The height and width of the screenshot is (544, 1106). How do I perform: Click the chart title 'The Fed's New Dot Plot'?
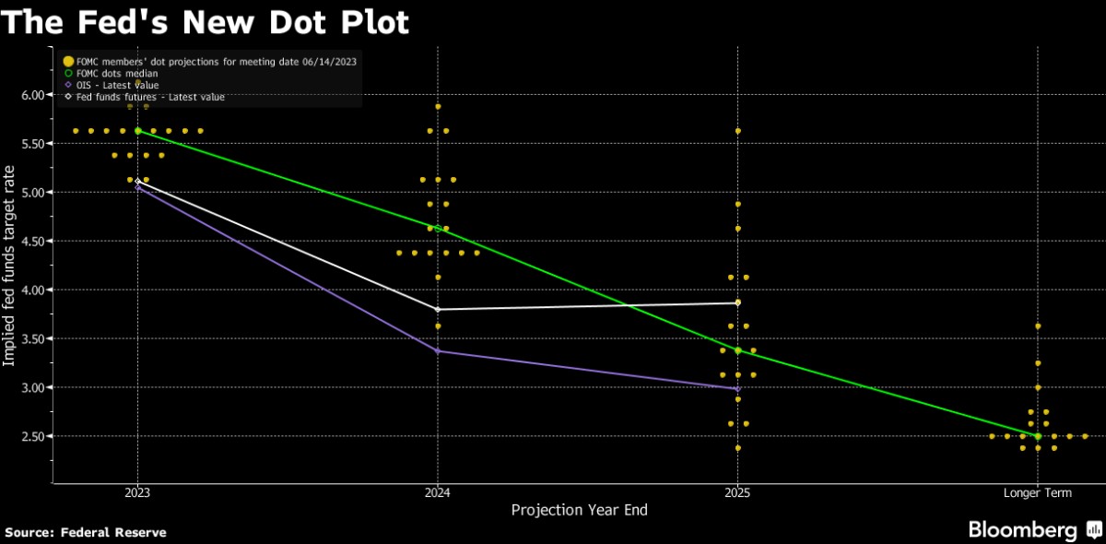point(206,22)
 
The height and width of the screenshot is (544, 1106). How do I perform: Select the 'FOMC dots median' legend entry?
point(112,73)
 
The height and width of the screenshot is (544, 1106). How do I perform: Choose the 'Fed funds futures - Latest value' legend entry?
point(143,97)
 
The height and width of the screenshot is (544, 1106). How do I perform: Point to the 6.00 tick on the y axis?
point(32,95)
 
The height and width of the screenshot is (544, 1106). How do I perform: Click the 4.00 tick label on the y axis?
point(32,290)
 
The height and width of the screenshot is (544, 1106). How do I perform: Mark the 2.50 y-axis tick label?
point(32,436)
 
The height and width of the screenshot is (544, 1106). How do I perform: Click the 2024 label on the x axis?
point(438,493)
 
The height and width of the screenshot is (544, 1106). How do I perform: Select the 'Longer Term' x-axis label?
point(1038,493)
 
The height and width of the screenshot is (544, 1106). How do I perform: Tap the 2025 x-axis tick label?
point(737,493)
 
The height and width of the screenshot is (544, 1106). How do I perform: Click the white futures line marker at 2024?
point(438,309)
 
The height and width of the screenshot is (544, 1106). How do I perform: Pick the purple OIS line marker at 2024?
point(438,351)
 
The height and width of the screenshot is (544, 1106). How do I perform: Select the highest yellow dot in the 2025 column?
point(737,131)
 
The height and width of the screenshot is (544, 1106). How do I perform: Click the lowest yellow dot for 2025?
point(737,448)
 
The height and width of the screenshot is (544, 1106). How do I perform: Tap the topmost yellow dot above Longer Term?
point(1038,326)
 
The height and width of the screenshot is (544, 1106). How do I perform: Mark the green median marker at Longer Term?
point(1038,436)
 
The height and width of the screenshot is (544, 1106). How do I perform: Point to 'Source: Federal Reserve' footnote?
point(86,532)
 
